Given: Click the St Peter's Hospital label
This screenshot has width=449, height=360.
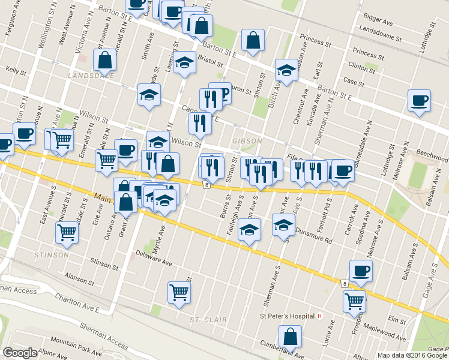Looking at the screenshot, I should (x=286, y=316).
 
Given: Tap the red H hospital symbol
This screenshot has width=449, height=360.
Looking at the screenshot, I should (x=321, y=316).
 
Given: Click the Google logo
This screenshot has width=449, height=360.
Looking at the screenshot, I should (x=20, y=353).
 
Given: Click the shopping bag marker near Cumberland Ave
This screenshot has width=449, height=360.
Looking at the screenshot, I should (x=290, y=338).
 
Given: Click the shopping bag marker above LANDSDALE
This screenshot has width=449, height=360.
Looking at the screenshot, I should (x=105, y=60).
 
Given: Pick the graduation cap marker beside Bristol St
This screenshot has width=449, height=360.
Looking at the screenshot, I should (x=184, y=64).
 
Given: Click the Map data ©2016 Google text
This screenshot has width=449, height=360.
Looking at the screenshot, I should (x=412, y=355).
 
